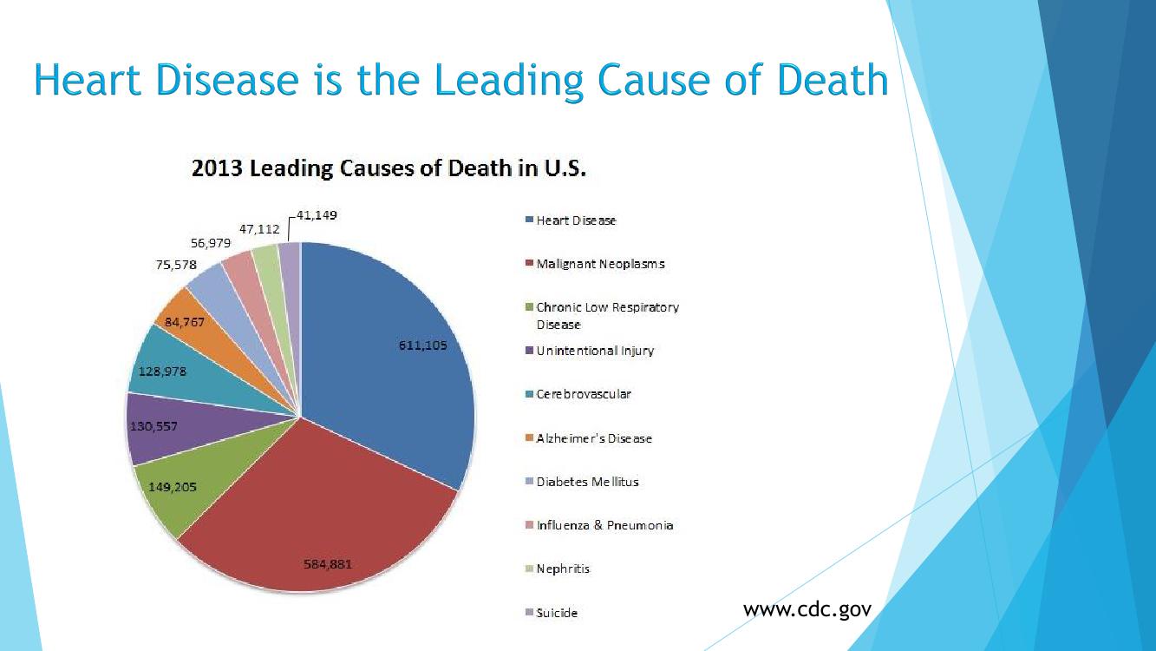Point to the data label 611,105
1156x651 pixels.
pyautogui.click(x=422, y=345)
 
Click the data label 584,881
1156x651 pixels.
pyautogui.click(x=328, y=563)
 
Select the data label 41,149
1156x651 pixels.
pyautogui.click(x=317, y=215)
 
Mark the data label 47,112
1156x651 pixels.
pyautogui.click(x=259, y=229)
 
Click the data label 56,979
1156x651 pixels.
pyautogui.click(x=211, y=244)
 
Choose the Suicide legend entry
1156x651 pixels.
pyautogui.click(x=556, y=613)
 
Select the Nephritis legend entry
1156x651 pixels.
pyautogui.click(x=563, y=569)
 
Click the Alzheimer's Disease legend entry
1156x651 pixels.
pyautogui.click(x=593, y=438)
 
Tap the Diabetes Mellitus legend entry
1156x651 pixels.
pyautogui.click(x=587, y=482)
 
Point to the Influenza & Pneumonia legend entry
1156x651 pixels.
pyautogui.click(x=604, y=525)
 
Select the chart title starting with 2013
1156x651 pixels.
pyautogui.click(x=389, y=168)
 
